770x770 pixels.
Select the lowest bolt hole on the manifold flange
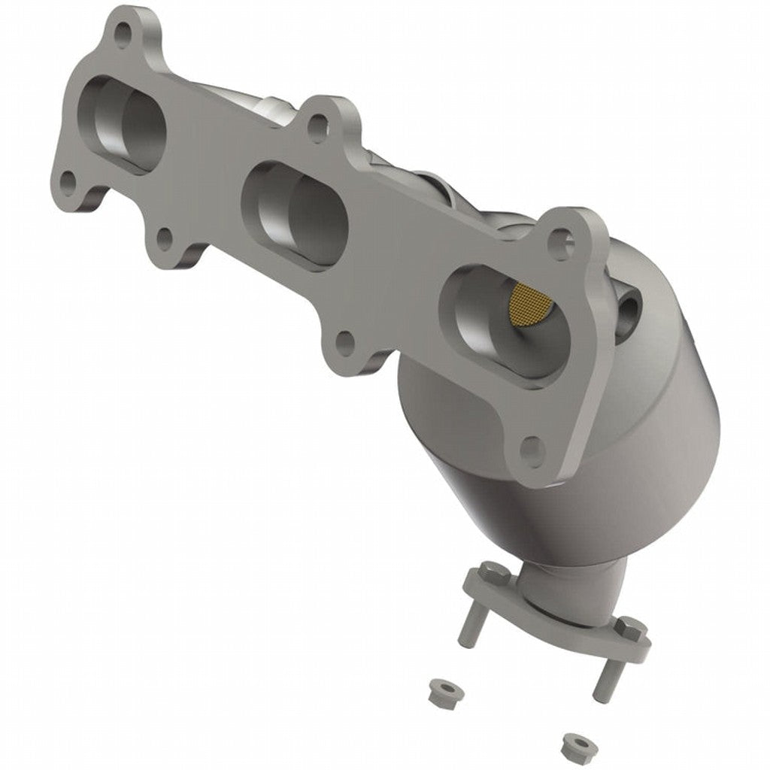click(x=532, y=450)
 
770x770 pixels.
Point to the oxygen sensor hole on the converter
click(x=629, y=306)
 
